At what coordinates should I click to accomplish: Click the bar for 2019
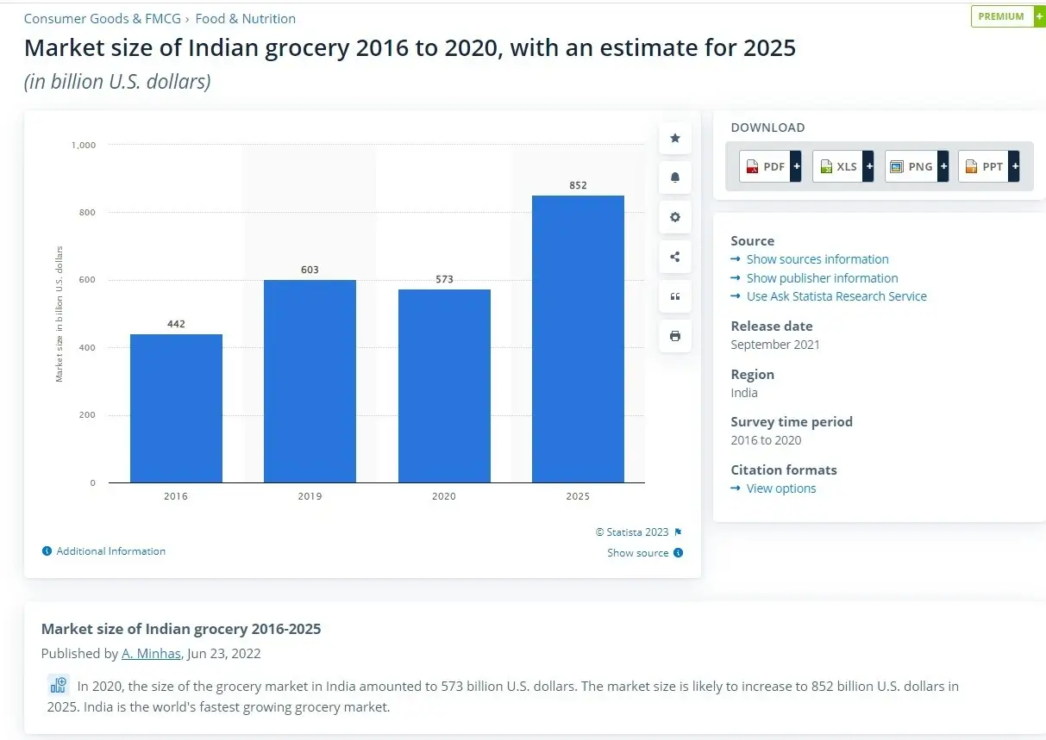(310, 381)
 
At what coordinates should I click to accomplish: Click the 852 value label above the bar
(578, 185)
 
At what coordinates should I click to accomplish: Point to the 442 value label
(176, 324)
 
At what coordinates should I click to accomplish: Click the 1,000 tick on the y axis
(84, 145)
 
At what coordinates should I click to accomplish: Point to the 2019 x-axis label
(310, 496)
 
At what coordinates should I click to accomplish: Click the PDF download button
(770, 166)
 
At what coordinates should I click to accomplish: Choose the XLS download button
(842, 166)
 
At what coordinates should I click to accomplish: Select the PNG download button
(916, 166)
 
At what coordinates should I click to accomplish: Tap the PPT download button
(988, 166)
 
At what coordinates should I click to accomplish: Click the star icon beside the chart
(675, 138)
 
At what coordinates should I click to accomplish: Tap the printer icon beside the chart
(675, 336)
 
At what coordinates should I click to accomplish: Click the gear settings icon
(675, 217)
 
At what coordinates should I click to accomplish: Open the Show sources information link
(817, 259)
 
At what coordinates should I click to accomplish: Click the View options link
(780, 488)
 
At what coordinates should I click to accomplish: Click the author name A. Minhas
(151, 653)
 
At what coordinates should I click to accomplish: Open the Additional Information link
(110, 551)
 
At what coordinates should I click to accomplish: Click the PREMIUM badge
(1001, 16)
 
